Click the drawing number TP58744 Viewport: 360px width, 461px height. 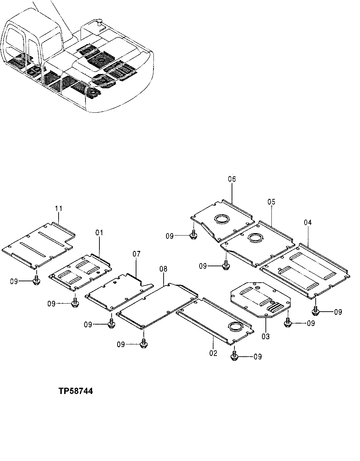tap(76, 391)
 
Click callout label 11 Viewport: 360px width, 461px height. tap(58, 209)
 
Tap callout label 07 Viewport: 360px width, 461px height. tap(136, 254)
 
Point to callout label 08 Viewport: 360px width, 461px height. tap(163, 269)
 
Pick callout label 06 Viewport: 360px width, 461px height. tap(232, 179)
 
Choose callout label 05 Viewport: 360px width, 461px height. tap(271, 202)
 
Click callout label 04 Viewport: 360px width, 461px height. tap(308, 222)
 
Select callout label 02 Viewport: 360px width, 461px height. tap(213, 353)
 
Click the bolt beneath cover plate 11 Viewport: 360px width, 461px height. tap(36, 281)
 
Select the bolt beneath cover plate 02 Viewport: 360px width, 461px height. tap(234, 356)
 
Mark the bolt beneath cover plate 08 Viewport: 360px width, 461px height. tap(143, 344)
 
